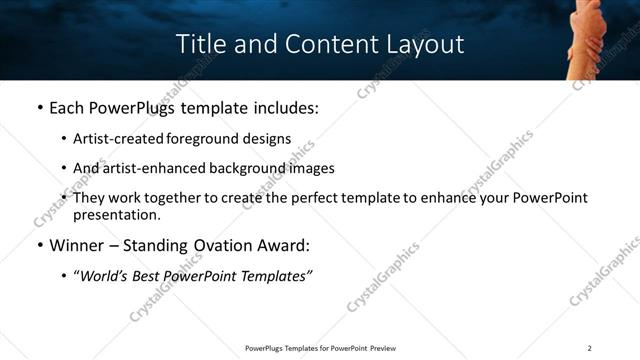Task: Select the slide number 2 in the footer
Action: pyautogui.click(x=589, y=348)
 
